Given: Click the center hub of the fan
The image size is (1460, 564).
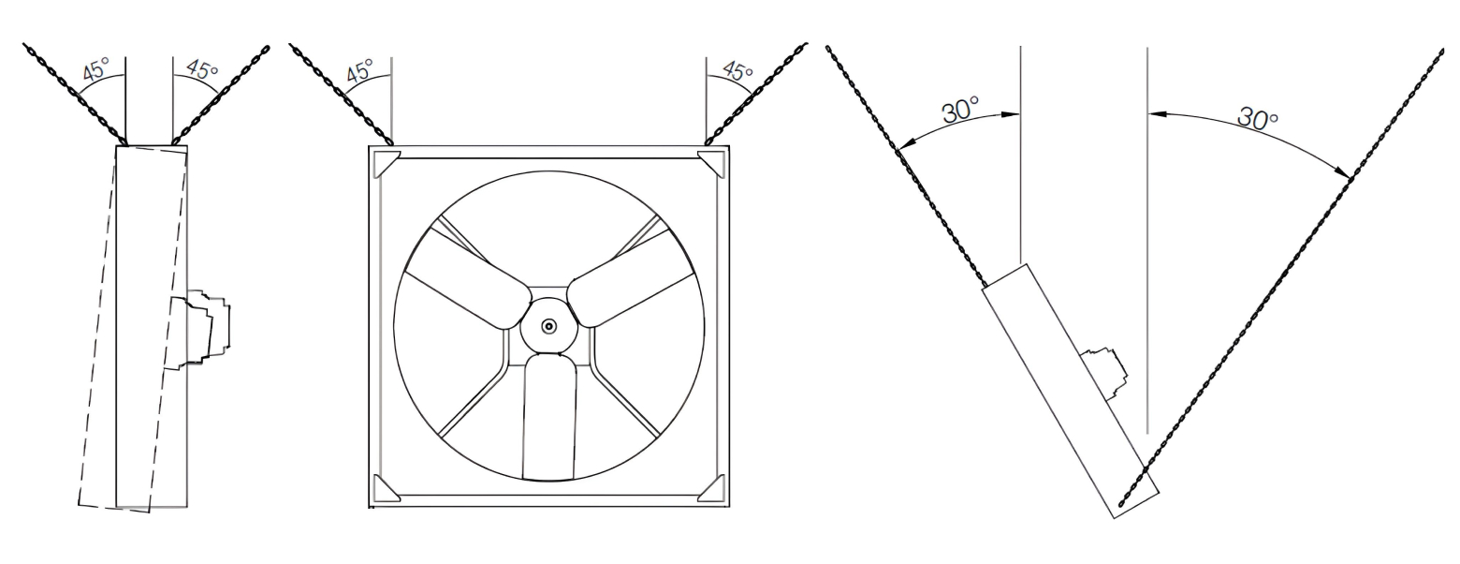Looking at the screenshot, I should tap(548, 325).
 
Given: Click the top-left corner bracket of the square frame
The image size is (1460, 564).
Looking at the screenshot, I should tap(384, 162).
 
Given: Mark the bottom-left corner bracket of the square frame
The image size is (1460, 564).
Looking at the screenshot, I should tap(384, 489).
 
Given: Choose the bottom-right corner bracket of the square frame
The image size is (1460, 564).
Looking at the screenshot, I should tap(713, 489).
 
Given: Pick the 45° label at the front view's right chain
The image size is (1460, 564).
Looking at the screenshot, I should tap(738, 70).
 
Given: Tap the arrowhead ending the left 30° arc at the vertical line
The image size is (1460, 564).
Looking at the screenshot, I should tap(1013, 115).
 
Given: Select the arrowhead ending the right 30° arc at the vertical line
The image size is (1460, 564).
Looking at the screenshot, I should tap(1155, 113).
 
